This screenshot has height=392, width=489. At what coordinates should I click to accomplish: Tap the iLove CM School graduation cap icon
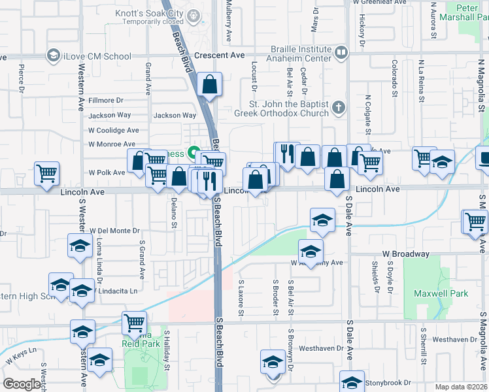(52, 56)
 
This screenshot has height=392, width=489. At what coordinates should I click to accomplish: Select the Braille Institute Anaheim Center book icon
(340, 52)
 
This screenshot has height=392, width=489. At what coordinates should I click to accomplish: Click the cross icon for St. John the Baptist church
(337, 106)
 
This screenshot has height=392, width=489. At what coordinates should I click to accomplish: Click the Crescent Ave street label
(224, 56)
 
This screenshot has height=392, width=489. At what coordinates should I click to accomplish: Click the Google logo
(22, 384)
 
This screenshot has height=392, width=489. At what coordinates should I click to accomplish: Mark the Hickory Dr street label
(361, 31)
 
